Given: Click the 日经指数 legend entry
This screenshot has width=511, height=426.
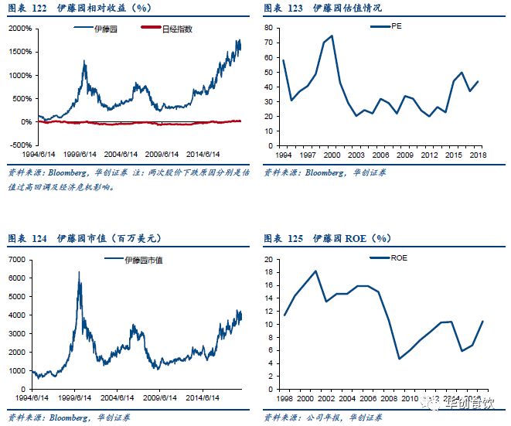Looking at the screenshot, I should point(179,28).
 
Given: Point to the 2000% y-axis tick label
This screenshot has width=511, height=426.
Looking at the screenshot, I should point(20,29).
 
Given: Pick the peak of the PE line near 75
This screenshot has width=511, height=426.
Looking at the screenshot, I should point(332,36).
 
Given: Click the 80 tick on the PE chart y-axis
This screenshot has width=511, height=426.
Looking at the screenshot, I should point(269,26).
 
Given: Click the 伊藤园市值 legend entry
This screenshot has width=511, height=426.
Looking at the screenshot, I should point(142,260).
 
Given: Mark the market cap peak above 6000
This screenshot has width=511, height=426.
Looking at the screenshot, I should point(79,273).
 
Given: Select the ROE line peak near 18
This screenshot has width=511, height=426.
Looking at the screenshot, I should point(315,271).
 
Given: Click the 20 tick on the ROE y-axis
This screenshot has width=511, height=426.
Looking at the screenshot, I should point(269,260).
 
